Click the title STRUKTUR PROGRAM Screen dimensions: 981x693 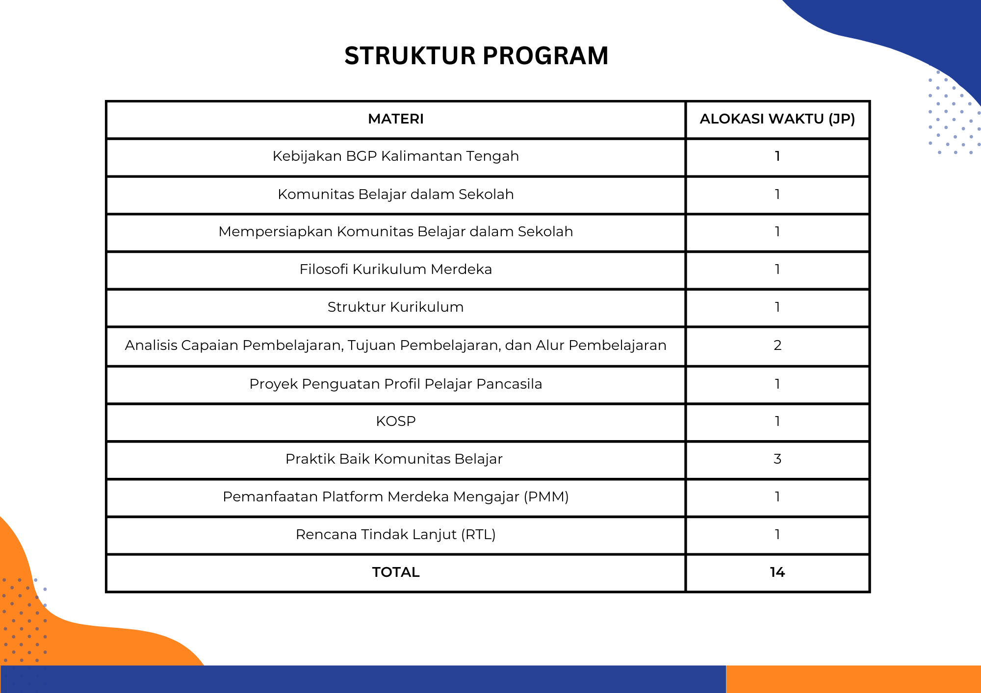tap(476, 55)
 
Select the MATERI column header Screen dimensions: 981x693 tap(396, 119)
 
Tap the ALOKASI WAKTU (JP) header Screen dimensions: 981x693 tap(777, 119)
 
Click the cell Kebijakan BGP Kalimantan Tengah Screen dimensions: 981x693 tap(396, 156)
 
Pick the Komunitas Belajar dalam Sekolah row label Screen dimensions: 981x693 tap(396, 195)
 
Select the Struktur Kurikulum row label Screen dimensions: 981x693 tap(396, 307)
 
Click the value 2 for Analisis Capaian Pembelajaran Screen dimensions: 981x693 tap(777, 345)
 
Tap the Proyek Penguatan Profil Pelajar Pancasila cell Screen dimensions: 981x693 tap(396, 384)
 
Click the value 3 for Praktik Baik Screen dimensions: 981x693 tap(777, 459)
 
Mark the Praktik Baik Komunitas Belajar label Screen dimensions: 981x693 tap(394, 459)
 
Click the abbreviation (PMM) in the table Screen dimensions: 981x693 tap(546, 496)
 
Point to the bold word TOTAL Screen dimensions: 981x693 tap(396, 572)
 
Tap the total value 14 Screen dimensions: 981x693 tap(777, 572)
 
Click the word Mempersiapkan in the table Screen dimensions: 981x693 tap(275, 232)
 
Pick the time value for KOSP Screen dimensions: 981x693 tap(777, 421)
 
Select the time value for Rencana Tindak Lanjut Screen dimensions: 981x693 tap(777, 534)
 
